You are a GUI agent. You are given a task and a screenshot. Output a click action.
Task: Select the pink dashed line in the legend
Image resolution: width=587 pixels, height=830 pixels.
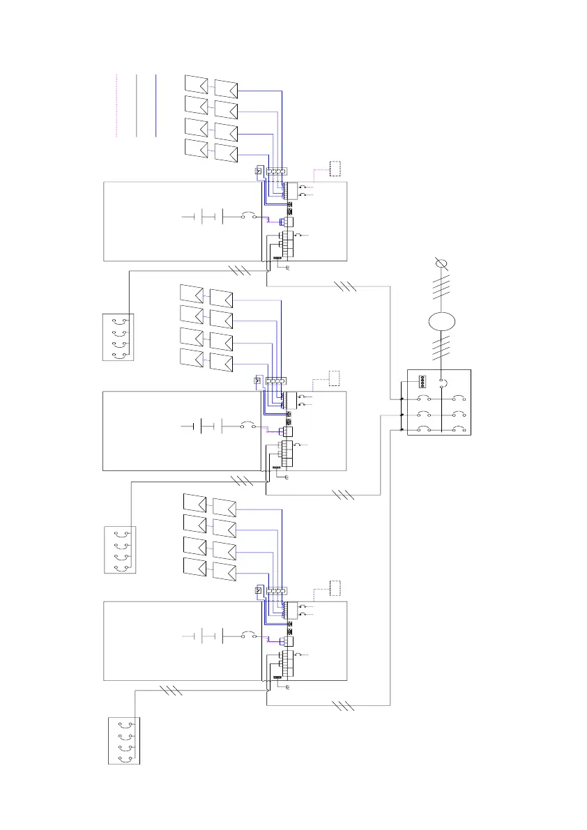116,105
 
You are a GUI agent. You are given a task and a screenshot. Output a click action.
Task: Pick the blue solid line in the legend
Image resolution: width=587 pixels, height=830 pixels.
156,105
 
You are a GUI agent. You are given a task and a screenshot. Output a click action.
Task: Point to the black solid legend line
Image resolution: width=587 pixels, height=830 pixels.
137,105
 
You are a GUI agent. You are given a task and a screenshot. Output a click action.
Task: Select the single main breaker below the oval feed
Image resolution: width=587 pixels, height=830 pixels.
441,381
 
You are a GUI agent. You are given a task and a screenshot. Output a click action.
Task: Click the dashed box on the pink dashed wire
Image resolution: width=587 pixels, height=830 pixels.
335,168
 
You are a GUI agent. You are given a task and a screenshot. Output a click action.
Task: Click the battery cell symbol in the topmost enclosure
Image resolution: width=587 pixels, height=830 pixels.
202,217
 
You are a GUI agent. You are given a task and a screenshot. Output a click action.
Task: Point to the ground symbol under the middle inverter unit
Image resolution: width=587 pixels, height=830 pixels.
287,477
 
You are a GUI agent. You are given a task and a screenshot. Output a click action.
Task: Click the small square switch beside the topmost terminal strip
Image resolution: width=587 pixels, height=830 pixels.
259,171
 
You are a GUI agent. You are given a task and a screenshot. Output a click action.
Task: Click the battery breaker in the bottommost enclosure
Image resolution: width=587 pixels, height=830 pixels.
248,636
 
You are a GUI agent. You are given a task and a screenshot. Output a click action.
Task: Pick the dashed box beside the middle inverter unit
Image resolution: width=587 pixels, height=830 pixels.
335,378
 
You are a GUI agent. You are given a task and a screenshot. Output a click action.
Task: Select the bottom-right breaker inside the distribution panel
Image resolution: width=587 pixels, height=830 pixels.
457,431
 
